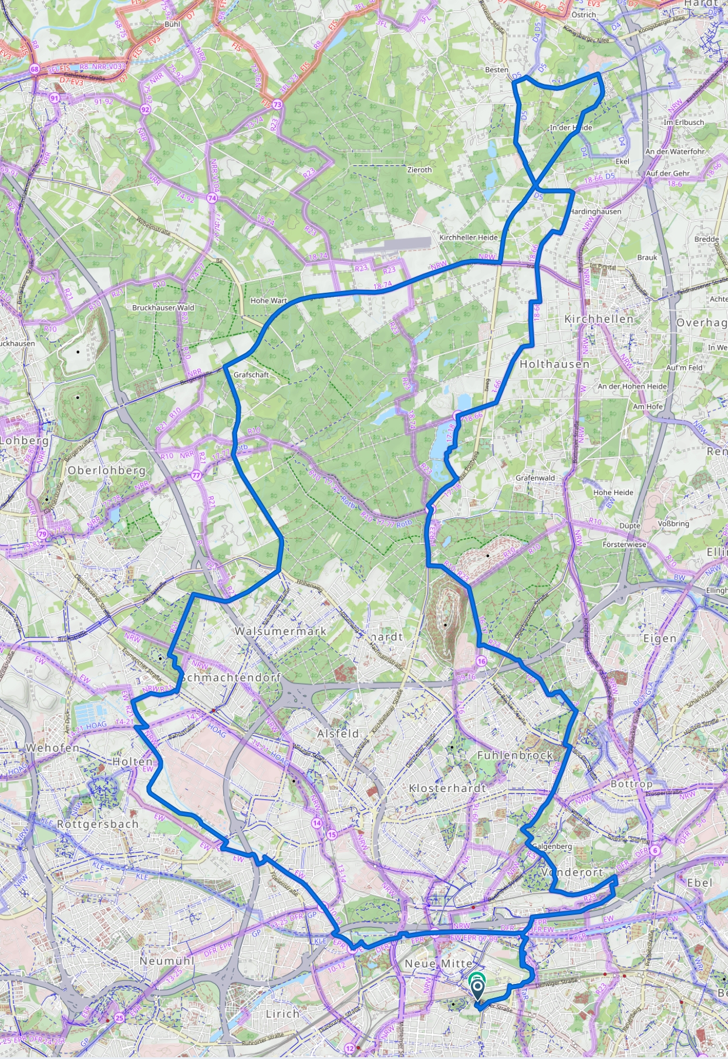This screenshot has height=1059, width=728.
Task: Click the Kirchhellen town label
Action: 599,319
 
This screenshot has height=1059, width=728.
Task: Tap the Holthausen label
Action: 554,364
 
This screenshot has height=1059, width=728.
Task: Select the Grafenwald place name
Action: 535,478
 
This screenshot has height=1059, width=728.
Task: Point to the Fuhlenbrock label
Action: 515,755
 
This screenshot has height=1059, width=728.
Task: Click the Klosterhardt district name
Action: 447,788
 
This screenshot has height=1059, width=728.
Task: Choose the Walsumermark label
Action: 281,631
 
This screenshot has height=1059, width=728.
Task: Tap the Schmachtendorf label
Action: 231,677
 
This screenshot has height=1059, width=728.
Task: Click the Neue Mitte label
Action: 439,963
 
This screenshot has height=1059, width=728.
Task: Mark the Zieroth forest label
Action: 419,170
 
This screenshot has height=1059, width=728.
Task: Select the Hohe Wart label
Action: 269,300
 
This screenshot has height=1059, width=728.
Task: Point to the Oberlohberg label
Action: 106,470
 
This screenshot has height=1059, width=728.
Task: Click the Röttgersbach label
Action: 97,824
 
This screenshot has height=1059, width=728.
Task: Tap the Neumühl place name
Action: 167,960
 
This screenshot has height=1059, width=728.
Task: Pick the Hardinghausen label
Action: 595,211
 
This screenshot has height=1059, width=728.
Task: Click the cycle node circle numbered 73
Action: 277,104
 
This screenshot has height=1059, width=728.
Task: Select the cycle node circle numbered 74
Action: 212,198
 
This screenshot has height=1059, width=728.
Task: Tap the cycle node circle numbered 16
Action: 482,661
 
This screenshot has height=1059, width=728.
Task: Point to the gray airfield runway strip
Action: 393,245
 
